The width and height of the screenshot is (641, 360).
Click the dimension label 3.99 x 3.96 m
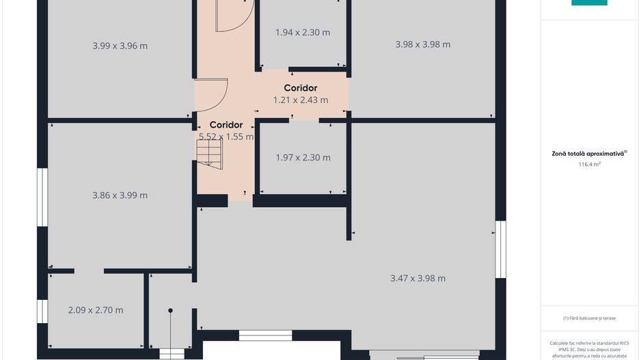[120, 46]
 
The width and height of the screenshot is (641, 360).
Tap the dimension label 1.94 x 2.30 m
[303, 32]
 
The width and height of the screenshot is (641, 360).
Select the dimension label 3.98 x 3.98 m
[422, 44]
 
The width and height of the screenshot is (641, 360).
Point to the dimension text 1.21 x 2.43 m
[300, 100]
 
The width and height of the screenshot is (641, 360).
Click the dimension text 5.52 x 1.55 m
[226, 137]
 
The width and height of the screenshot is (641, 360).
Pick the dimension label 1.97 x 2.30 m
[303, 158]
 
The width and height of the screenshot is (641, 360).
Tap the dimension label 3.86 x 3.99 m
[120, 195]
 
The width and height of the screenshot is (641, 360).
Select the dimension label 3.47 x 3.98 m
[418, 278]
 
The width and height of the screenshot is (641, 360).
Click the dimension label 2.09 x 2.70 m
[96, 310]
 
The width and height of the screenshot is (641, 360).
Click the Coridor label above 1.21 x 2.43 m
[300, 88]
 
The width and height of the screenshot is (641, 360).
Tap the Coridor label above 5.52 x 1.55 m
[226, 125]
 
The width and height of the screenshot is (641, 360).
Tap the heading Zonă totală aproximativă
[588, 154]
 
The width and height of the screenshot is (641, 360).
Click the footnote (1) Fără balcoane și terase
[588, 318]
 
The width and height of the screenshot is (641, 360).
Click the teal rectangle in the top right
[588, 3]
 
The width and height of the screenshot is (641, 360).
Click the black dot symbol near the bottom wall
[171, 311]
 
